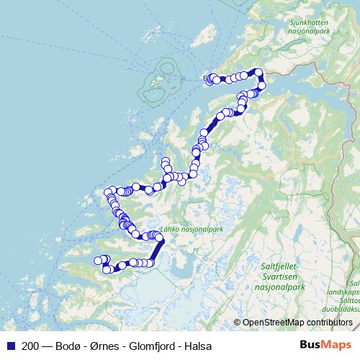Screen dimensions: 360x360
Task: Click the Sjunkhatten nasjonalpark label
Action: pyautogui.click(x=308, y=27)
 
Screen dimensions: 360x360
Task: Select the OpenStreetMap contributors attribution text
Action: pyautogui.click(x=297, y=322)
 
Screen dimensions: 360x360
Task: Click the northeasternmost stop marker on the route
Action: pyautogui.click(x=258, y=72)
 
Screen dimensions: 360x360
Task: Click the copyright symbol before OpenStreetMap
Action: pyautogui.click(x=237, y=322)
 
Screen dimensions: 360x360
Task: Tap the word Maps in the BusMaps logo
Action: pyautogui.click(x=339, y=346)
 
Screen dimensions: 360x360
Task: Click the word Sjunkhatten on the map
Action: pyautogui.click(x=308, y=22)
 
